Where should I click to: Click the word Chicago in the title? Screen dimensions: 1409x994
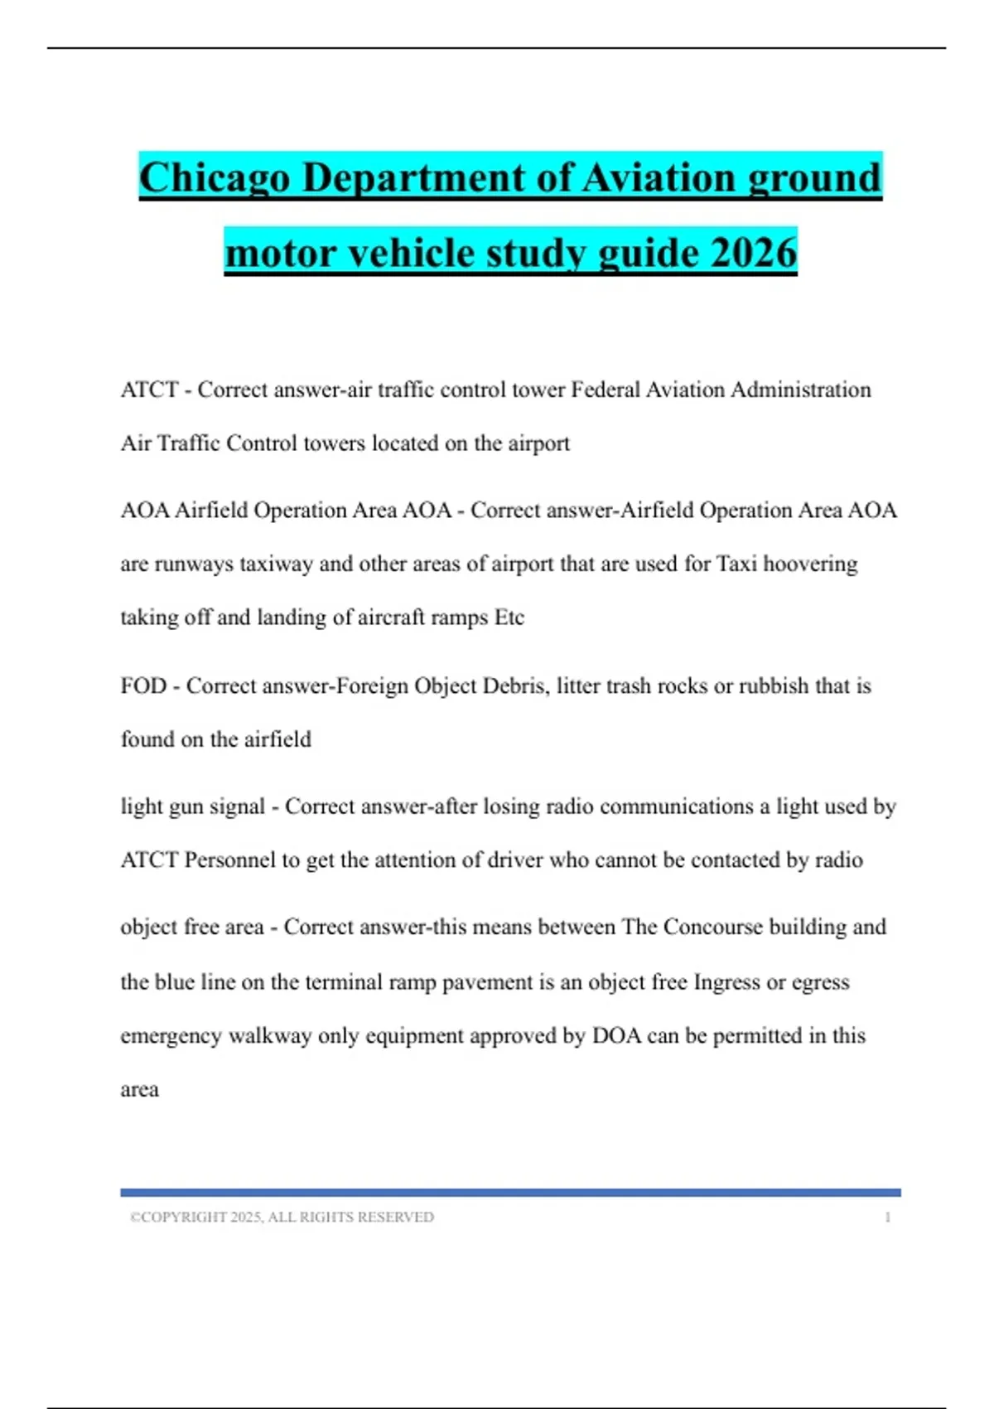coord(215,178)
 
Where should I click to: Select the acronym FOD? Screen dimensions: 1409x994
coord(143,686)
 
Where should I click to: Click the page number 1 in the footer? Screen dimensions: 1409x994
coord(887,1218)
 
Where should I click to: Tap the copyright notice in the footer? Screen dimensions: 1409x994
coord(282,1218)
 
